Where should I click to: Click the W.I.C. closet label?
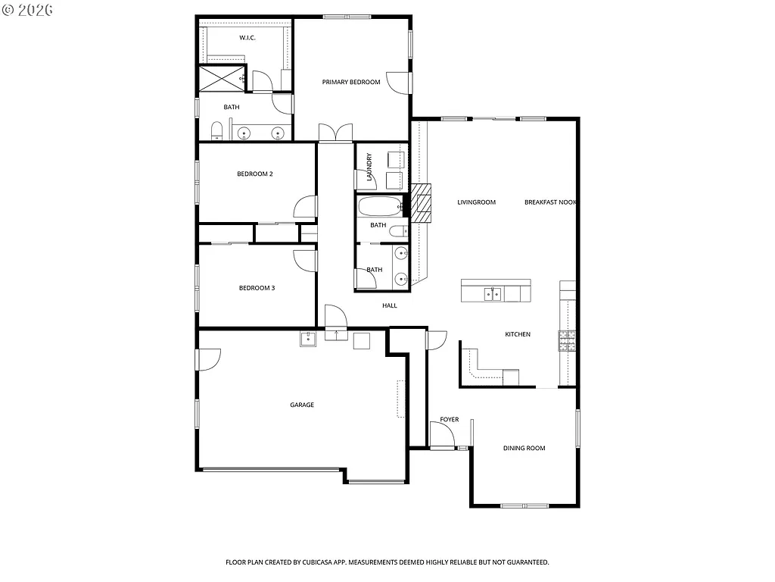[247, 38]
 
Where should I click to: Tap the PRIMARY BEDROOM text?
[350, 82]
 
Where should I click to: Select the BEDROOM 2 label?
[254, 174]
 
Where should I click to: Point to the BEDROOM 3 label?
[256, 288]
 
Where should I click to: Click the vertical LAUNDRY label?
[369, 167]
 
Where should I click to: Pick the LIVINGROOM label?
[476, 202]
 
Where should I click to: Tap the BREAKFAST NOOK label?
[550, 202]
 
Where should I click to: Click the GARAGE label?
[301, 405]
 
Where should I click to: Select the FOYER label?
[450, 420]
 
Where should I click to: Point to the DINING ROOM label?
[524, 448]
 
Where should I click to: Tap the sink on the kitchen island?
[493, 294]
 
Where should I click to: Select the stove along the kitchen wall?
[568, 341]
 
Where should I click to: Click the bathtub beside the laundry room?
[380, 206]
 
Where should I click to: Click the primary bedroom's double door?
[335, 133]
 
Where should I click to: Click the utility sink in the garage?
[307, 339]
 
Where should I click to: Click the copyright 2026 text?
[26, 11]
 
